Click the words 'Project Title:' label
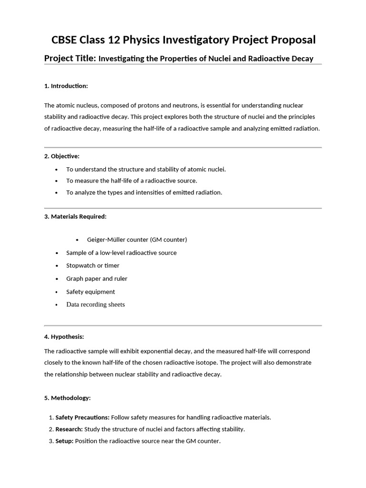[70, 58]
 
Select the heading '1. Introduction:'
[66, 86]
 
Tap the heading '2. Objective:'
[62, 156]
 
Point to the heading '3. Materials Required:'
[75, 216]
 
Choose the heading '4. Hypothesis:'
[64, 336]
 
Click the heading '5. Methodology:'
[67, 397]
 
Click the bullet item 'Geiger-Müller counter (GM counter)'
[137, 239]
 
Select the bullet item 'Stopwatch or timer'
[92, 265]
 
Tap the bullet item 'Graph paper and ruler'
[97, 278]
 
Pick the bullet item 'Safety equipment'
[91, 292]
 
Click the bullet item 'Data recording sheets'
[95, 305]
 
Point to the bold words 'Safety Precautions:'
[82, 417]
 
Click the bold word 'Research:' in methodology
[69, 429]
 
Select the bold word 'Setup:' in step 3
[64, 441]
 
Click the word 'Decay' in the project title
[303, 59]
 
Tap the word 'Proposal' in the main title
[292, 40]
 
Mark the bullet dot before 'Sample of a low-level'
[57, 253]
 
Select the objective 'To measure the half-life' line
[132, 181]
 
